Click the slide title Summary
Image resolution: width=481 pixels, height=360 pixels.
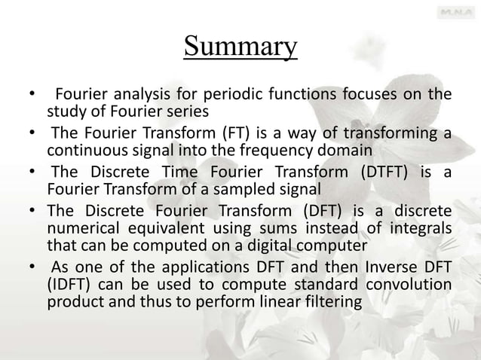240,47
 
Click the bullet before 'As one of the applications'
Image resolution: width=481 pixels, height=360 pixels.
32,267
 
